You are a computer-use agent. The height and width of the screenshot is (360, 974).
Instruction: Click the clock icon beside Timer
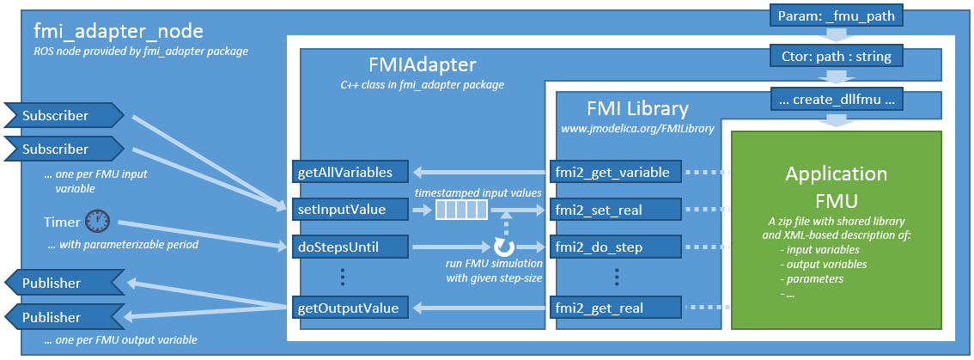click(x=98, y=221)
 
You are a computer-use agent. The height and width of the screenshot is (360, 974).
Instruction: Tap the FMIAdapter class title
click(x=421, y=65)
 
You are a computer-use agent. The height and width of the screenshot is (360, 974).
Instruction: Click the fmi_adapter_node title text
click(x=119, y=33)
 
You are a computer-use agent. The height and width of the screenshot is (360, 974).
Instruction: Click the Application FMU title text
click(x=836, y=185)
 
